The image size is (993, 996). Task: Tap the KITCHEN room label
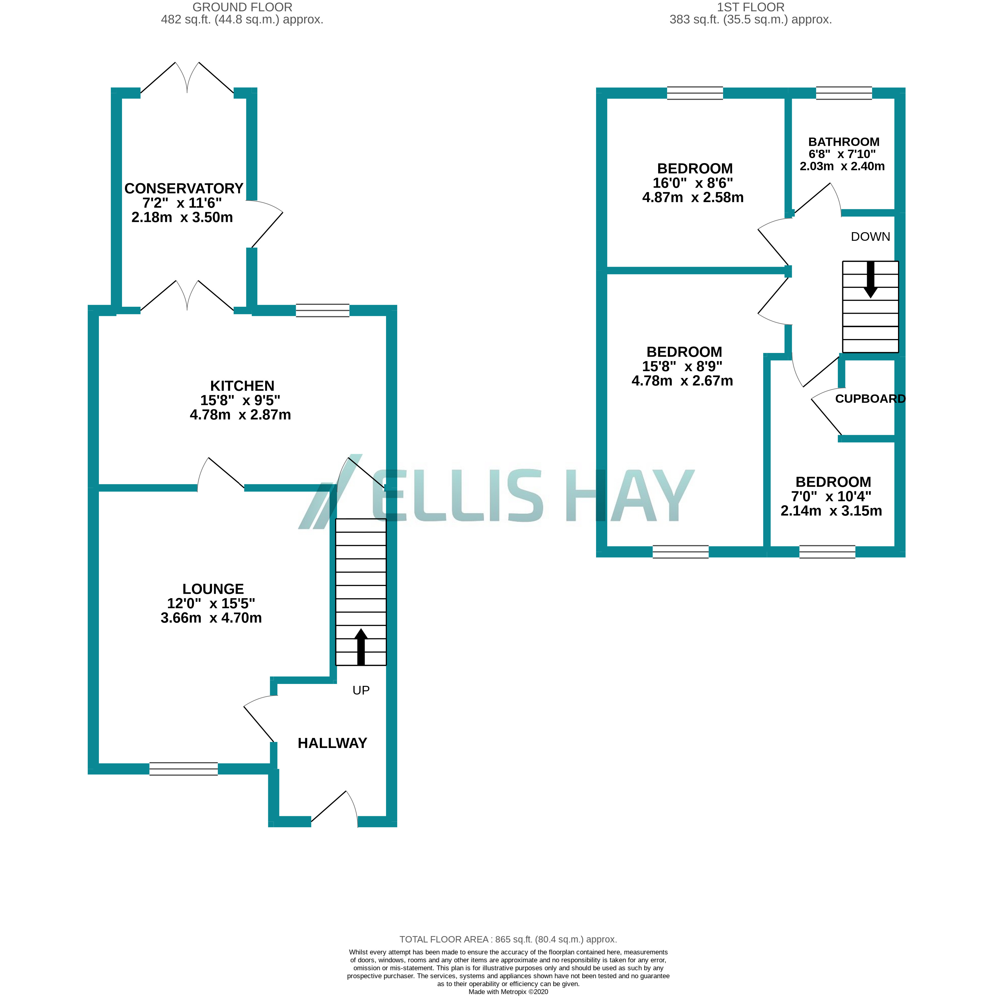242,386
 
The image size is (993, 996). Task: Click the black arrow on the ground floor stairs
361,647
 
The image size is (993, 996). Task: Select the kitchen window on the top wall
322,310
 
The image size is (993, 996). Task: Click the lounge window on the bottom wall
184,769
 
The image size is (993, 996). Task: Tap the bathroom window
844,93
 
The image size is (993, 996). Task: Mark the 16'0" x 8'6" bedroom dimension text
693,183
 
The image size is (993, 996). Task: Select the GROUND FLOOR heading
242,7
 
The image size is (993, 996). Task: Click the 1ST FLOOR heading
751,7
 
